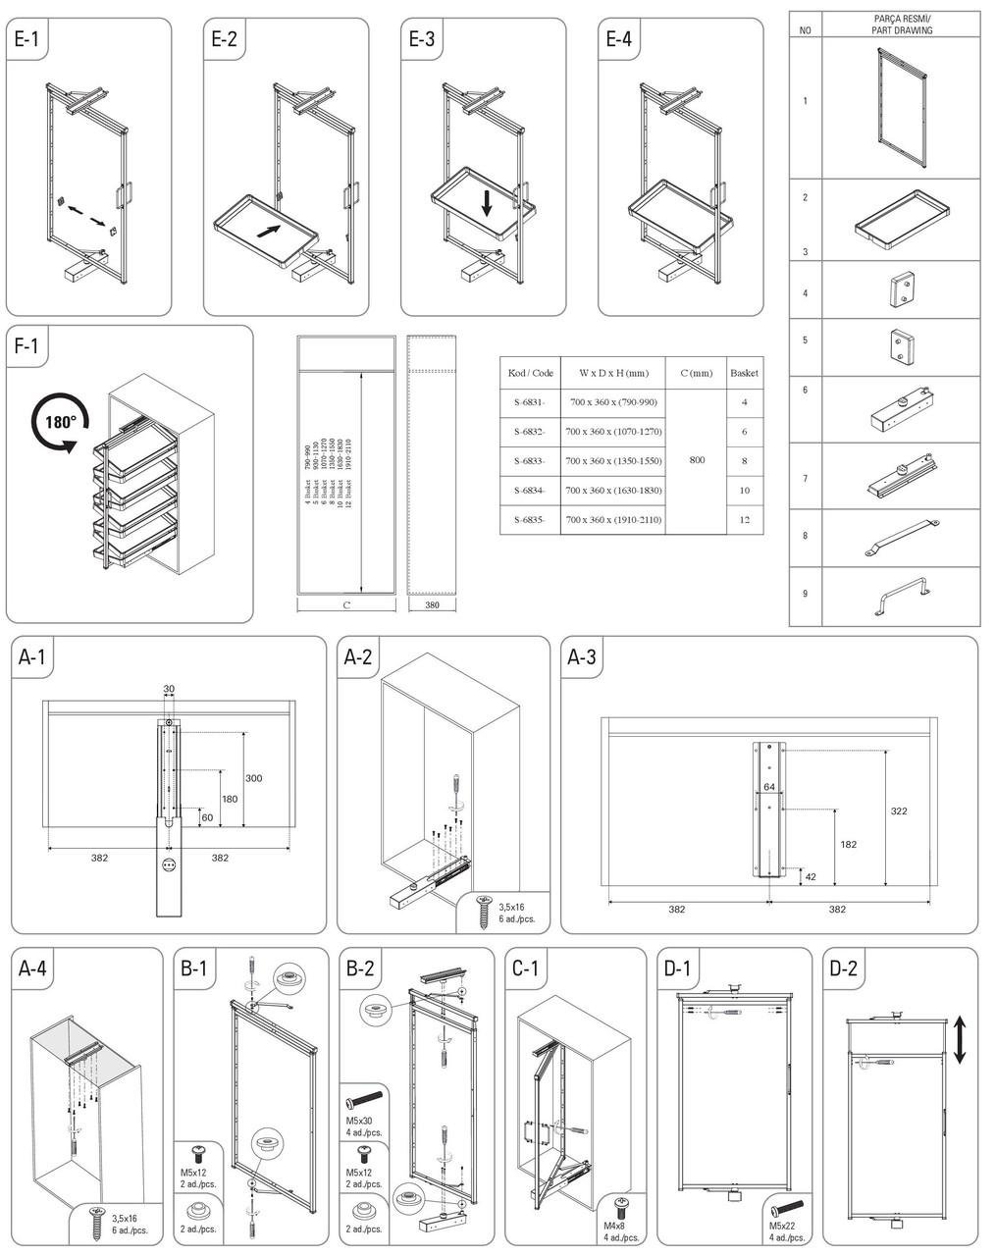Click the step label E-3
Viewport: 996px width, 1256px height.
point(422,39)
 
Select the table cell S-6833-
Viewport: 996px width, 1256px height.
point(530,461)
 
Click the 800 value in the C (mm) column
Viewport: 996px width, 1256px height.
point(695,460)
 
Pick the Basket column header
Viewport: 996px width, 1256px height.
point(744,373)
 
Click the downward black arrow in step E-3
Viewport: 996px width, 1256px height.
point(487,203)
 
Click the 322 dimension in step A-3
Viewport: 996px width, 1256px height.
point(899,811)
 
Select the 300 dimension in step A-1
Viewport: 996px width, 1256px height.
point(253,778)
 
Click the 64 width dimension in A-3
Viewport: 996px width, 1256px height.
point(768,787)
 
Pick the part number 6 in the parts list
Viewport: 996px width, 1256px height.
point(805,391)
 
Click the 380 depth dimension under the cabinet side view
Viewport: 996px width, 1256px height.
point(432,605)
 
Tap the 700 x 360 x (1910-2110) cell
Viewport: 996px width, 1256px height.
point(613,520)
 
